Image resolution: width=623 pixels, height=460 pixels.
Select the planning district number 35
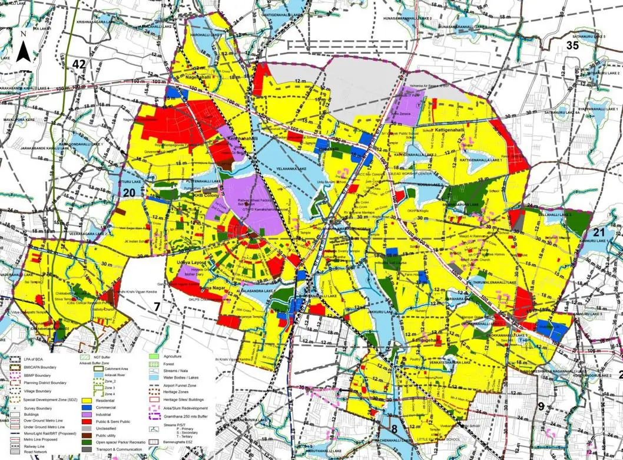573,45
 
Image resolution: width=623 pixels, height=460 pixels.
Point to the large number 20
130,192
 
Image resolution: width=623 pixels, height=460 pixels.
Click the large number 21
599,232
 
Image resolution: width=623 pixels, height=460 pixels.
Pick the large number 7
157,305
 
